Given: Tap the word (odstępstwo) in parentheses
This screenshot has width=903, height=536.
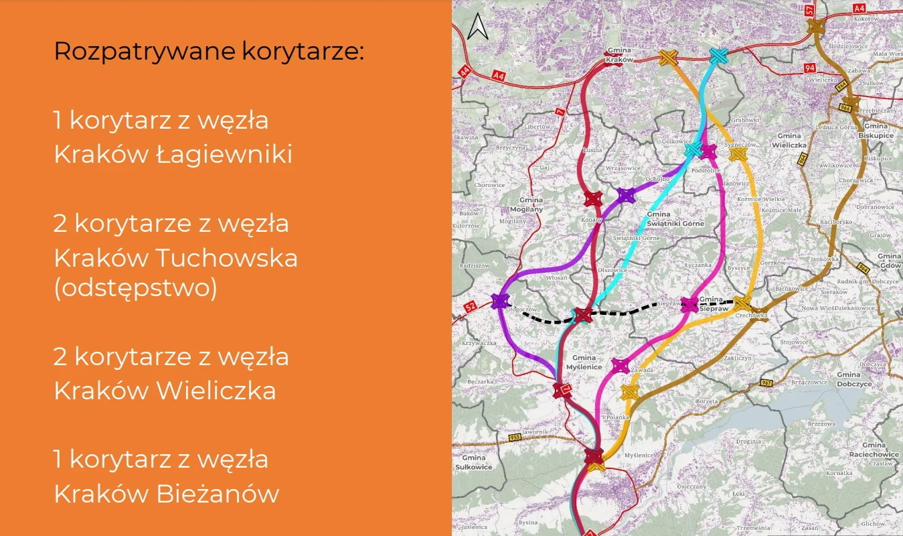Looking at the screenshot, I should pos(135,289).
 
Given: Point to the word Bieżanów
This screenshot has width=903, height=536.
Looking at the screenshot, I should pos(218,494).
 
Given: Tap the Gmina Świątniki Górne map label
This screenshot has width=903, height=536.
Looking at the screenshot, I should pos(675,219).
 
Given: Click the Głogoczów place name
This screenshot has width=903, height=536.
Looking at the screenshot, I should pos(521,310).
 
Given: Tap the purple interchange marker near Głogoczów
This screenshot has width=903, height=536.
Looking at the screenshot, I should pos(500,301).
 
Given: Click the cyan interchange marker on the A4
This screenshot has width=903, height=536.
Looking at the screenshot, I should pos(718,57).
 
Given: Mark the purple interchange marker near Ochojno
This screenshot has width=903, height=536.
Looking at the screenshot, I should pos(625,195).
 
